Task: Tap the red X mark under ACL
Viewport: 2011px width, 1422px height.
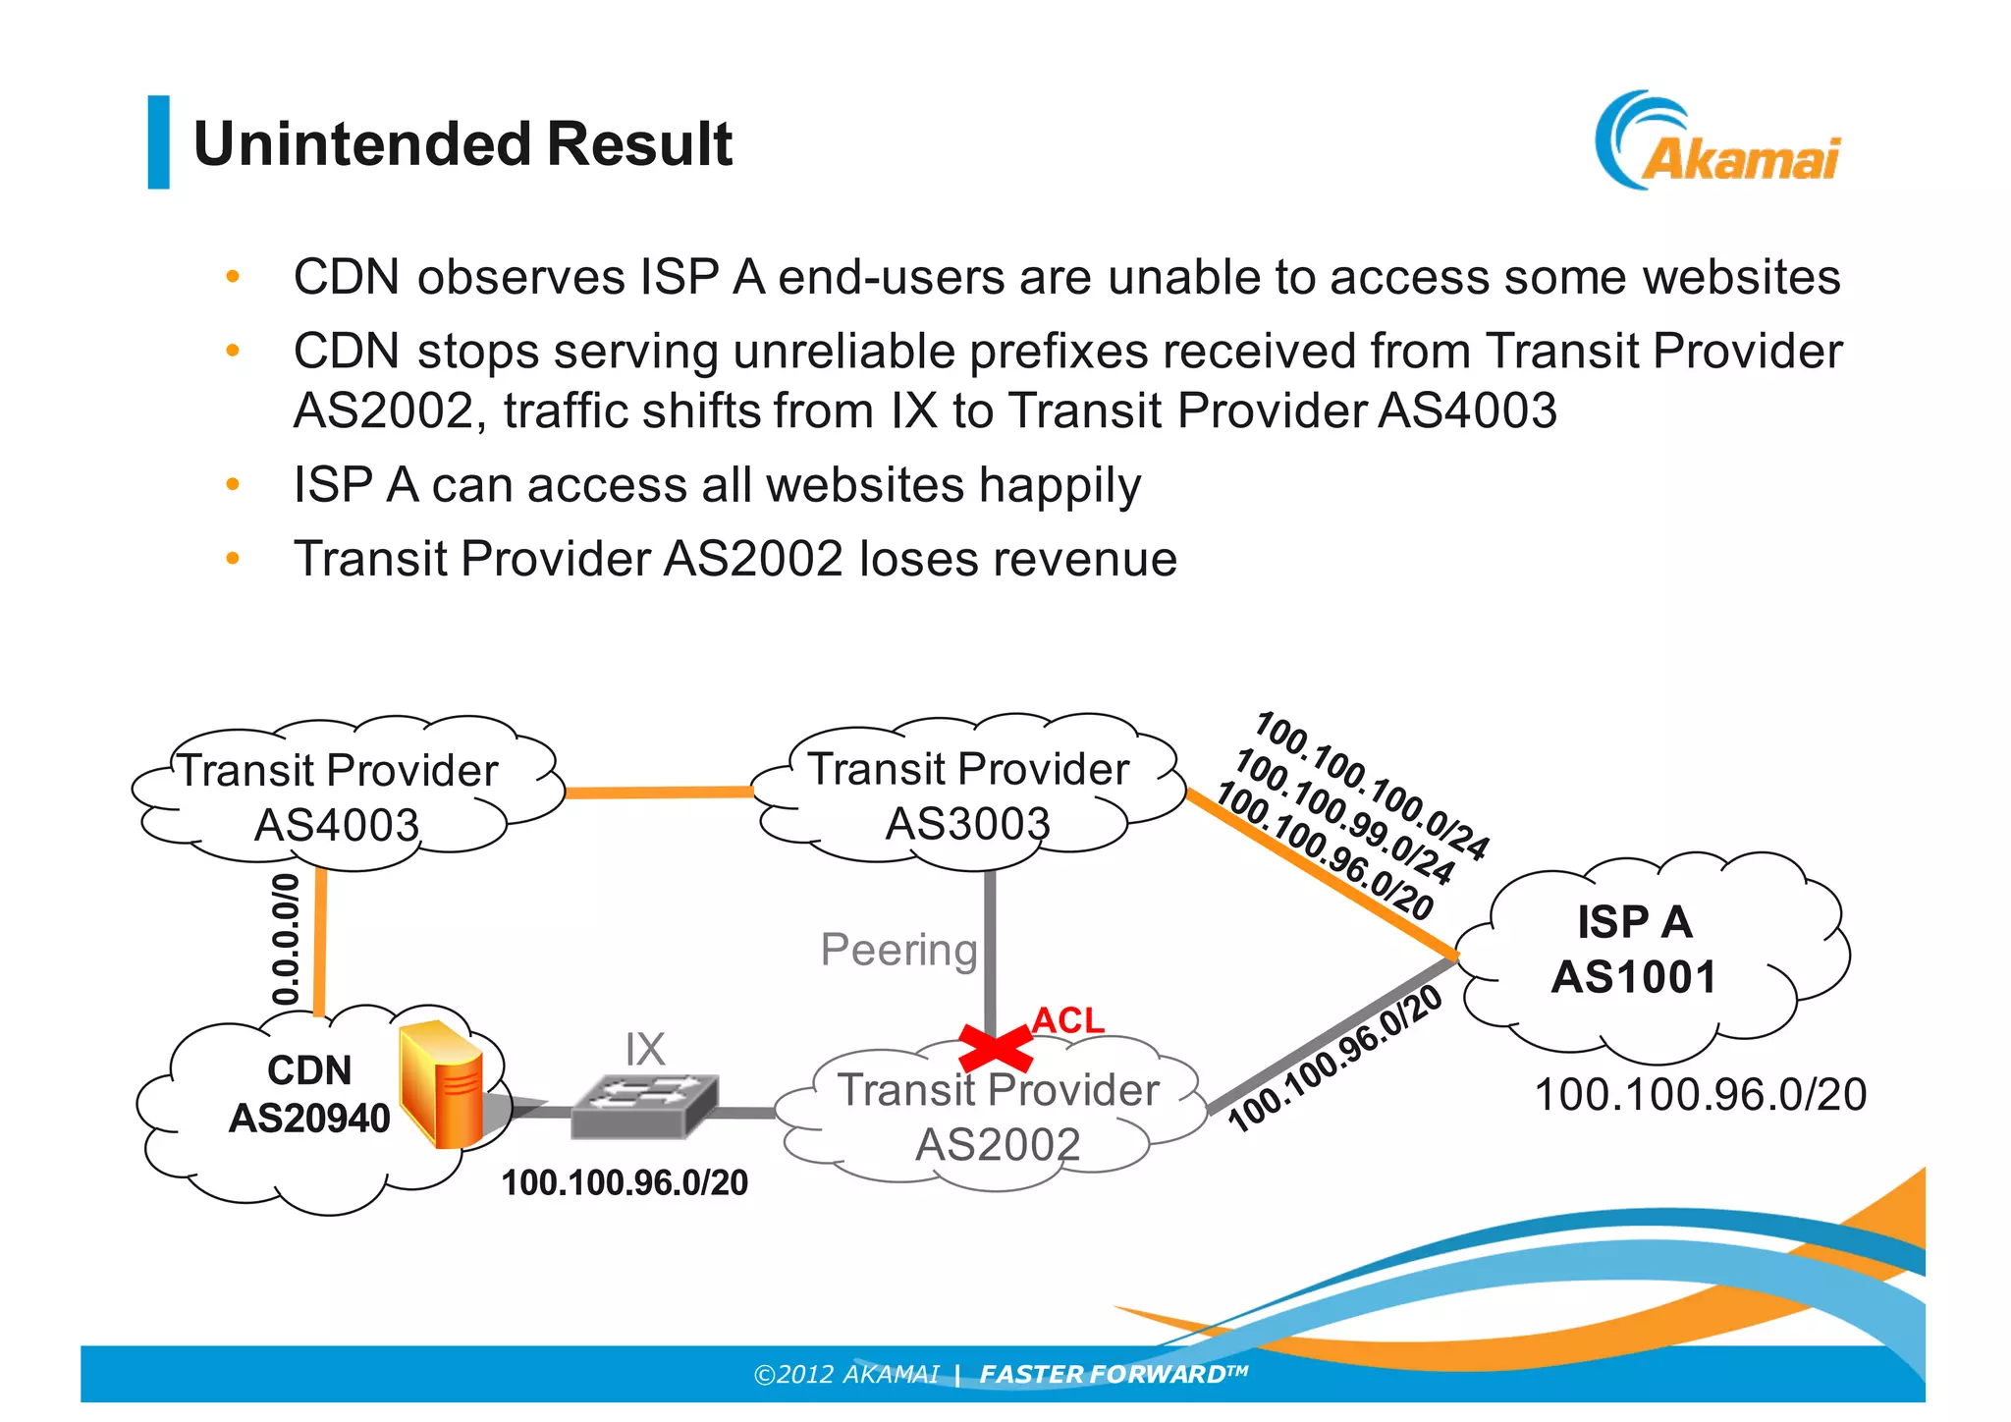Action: (994, 1048)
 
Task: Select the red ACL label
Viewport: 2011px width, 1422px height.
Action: (1067, 1020)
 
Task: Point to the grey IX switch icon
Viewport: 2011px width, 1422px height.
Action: (644, 1105)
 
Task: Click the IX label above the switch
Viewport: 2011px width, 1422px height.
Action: (645, 1050)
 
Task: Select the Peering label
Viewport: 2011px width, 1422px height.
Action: (898, 950)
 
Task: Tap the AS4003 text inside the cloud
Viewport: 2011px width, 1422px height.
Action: (337, 825)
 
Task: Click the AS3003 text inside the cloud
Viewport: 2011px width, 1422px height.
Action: (967, 823)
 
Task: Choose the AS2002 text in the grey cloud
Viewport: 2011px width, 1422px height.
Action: (998, 1144)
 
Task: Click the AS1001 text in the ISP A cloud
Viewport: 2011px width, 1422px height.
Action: (1634, 977)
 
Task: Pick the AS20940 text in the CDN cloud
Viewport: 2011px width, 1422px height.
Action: (309, 1119)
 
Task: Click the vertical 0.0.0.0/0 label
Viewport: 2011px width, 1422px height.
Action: (285, 939)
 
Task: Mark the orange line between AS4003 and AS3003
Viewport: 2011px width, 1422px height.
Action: (658, 792)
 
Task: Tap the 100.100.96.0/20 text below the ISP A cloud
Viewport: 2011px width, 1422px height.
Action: (1700, 1094)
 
